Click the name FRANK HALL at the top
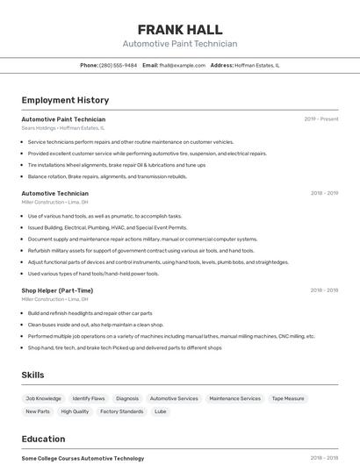(180, 30)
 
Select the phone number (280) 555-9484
(118, 65)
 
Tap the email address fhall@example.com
(182, 65)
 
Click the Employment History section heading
(65, 100)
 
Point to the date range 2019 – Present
(320, 119)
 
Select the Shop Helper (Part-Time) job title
(57, 290)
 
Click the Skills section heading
(33, 375)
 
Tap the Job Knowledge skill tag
(43, 398)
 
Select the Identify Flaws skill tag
(88, 398)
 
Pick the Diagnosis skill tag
(127, 398)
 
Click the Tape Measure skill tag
(288, 398)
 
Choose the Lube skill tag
(161, 411)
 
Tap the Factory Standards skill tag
(121, 411)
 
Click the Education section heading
(43, 439)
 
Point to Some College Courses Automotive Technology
(83, 458)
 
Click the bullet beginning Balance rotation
(107, 176)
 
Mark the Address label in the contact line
(222, 65)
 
